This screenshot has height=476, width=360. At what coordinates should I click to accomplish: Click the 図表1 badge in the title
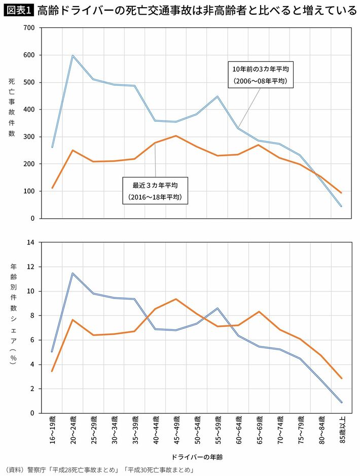coord(18,10)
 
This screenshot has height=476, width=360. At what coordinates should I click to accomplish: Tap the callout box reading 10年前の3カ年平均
coord(261,75)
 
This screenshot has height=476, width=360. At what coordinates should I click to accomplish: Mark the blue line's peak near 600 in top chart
coord(73,56)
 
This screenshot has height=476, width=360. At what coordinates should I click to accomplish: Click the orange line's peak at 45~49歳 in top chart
coord(175,136)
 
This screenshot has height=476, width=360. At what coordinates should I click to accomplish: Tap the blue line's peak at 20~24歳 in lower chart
coord(73,274)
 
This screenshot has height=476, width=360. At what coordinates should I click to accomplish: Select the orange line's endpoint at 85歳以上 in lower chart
coord(341,378)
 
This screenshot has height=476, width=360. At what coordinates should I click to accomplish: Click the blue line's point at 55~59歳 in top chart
coord(217,96)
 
